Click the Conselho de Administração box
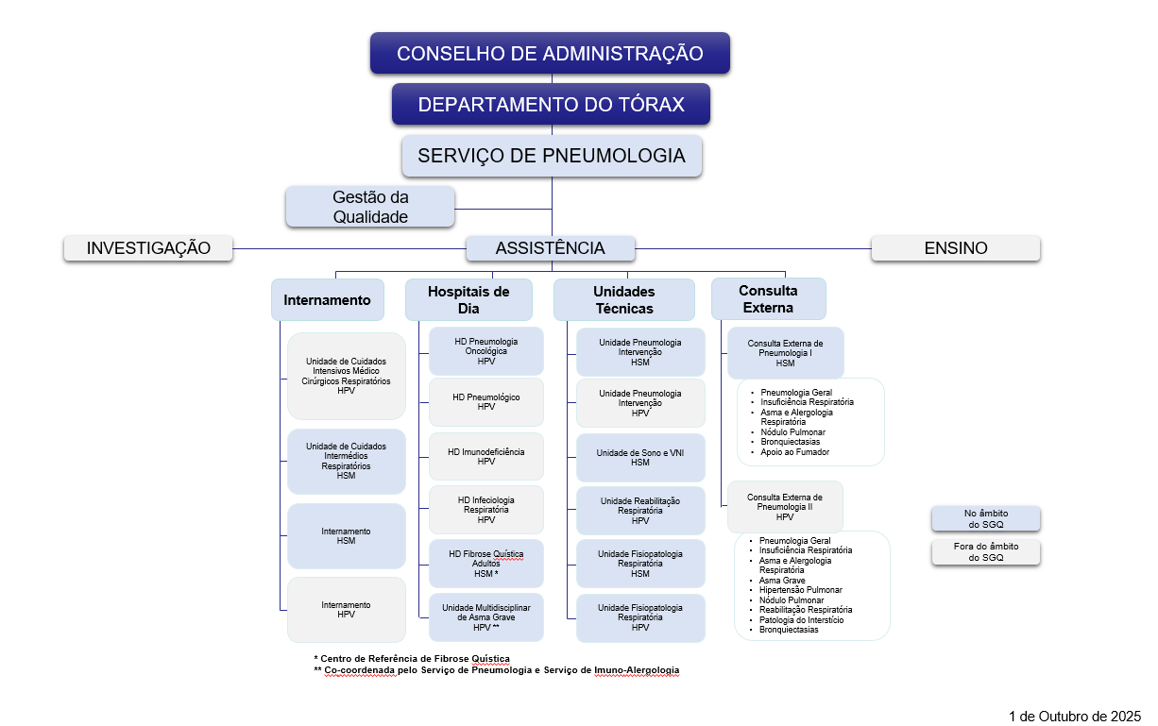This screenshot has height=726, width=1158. (550, 53)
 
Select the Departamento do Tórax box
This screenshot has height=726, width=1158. (551, 104)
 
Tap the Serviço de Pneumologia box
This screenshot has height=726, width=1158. (552, 156)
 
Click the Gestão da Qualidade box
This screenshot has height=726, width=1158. (370, 207)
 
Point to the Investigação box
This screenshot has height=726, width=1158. (148, 248)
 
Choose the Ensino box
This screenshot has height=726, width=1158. (955, 248)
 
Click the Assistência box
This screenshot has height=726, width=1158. (550, 248)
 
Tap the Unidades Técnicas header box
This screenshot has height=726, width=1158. (623, 299)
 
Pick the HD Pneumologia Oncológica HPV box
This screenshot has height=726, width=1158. (485, 350)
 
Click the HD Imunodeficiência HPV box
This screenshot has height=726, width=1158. (485, 457)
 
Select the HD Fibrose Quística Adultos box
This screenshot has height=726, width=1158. (485, 564)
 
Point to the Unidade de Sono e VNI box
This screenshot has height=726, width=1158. (639, 458)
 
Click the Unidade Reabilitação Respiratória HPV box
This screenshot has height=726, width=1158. (639, 511)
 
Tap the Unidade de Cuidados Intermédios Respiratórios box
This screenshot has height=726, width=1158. (346, 461)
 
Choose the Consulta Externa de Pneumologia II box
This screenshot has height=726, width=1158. (784, 507)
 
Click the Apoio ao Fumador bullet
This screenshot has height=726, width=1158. (794, 452)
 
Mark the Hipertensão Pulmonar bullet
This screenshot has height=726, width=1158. (800, 590)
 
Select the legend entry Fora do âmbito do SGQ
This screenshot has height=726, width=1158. (985, 552)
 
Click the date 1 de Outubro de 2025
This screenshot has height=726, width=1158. (1075, 716)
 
